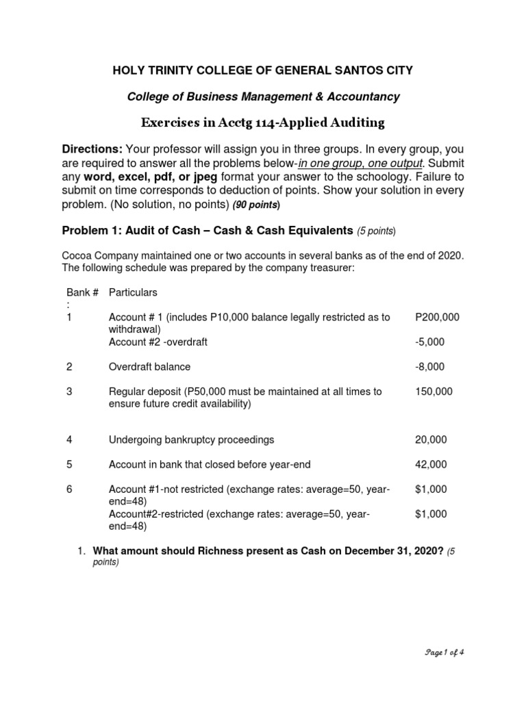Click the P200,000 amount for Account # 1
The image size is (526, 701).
(x=437, y=318)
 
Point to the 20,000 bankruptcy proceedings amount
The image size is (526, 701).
(x=431, y=439)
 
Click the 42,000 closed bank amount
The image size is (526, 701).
(x=431, y=464)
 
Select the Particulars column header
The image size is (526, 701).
(x=133, y=292)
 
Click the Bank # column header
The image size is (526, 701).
(x=82, y=292)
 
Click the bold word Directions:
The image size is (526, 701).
(x=92, y=149)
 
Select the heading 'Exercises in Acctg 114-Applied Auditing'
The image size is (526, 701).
(x=262, y=123)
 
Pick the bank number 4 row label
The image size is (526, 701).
(x=69, y=439)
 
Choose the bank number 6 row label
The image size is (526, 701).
(x=69, y=489)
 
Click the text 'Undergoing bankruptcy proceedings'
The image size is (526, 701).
(x=192, y=439)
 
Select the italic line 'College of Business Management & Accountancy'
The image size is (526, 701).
(x=263, y=97)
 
